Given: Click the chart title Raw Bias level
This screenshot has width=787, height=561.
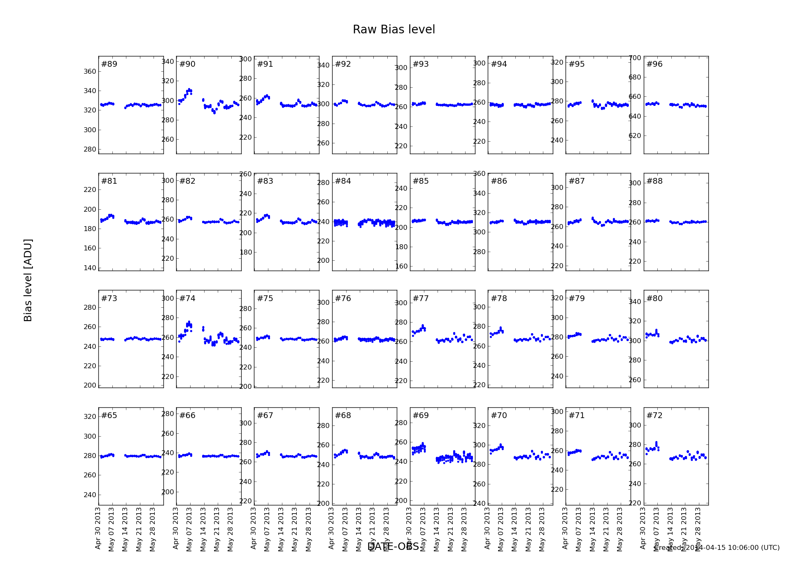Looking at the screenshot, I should click(393, 30).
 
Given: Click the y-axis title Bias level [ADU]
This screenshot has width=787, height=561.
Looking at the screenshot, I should click(28, 280).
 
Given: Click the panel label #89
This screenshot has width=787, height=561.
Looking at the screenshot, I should click(109, 64).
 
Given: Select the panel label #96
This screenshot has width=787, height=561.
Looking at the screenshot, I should click(654, 64).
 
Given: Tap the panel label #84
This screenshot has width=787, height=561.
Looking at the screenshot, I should click(343, 181).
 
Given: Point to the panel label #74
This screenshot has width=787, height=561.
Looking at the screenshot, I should click(187, 299).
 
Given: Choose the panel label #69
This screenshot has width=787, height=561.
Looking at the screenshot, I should click(421, 416).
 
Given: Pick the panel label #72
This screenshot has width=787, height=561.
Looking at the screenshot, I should click(654, 416).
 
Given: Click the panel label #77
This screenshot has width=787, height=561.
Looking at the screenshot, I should click(421, 299).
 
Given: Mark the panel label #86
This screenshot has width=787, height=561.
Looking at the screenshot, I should click(499, 181).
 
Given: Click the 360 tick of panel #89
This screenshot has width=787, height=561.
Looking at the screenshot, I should click(90, 71).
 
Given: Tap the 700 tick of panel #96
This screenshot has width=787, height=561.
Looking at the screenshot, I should click(635, 58).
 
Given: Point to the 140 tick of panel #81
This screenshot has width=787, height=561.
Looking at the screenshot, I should click(90, 268).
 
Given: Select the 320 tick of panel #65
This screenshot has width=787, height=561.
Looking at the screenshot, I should click(90, 416).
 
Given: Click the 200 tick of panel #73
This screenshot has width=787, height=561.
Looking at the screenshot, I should click(90, 385).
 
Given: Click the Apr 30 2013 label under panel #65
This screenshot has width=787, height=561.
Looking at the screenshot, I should click(98, 528).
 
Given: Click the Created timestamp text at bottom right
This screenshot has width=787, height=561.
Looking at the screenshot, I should click(717, 548).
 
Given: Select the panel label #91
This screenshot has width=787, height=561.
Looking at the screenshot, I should click(265, 64).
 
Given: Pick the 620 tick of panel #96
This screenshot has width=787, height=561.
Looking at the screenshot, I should click(635, 136).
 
